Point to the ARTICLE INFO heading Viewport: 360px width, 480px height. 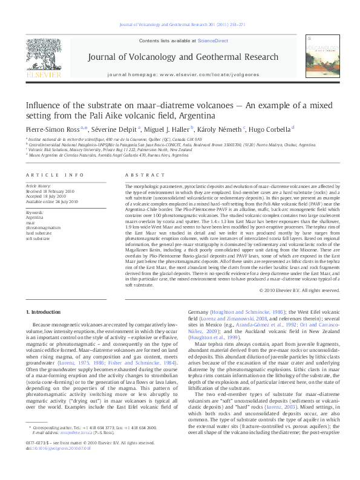54,175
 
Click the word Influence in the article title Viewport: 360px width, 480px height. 44,105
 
